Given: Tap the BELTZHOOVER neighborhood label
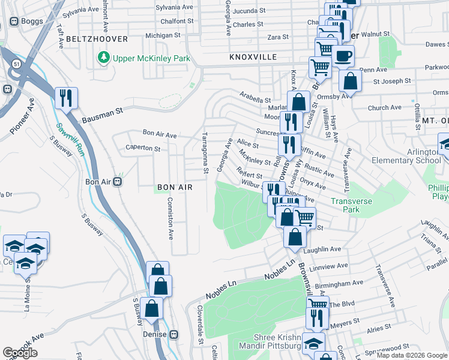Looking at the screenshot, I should pyautogui.click(x=98, y=38).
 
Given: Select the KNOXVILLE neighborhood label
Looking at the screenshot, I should pyautogui.click(x=252, y=56).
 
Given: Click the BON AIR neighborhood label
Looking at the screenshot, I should pyautogui.click(x=175, y=187).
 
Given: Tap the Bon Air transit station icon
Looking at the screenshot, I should pyautogui.click(x=118, y=181).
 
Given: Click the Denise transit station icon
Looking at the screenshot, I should pyautogui.click(x=174, y=334).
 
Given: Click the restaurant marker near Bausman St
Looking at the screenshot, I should pyautogui.click(x=66, y=98).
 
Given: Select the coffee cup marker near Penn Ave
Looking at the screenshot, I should pyautogui.click(x=343, y=56).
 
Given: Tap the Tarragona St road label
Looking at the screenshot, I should pyautogui.click(x=206, y=154).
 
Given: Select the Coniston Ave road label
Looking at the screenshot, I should pyautogui.click(x=170, y=218).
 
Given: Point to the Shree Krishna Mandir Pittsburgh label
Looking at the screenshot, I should pyautogui.click(x=269, y=341).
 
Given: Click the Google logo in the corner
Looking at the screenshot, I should pyautogui.click(x=20, y=353).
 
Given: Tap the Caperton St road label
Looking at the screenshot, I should pyautogui.click(x=143, y=148).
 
